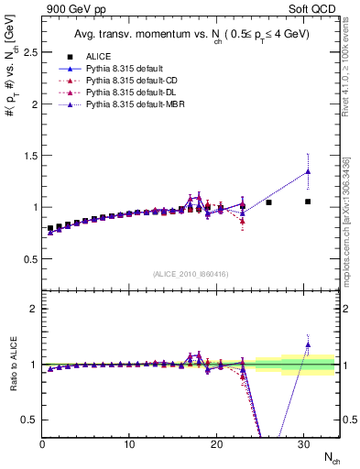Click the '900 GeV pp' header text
70,9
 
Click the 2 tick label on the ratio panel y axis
34,309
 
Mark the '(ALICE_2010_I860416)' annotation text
191,274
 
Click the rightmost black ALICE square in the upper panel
308,202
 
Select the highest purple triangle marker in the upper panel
308,171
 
